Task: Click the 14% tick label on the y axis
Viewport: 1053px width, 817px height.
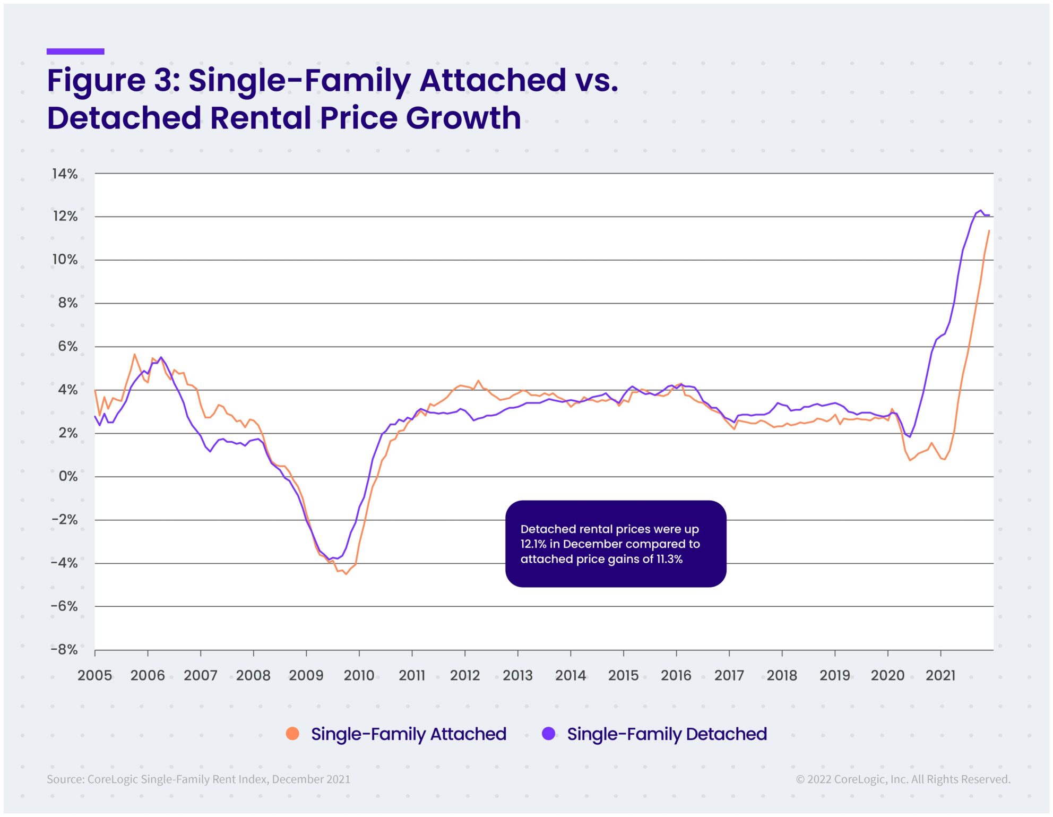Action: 65,174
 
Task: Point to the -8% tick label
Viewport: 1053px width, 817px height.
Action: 64,650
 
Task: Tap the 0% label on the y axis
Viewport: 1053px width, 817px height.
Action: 68,476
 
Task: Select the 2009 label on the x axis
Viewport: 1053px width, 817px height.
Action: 306,675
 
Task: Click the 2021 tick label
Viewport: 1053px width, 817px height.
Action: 940,675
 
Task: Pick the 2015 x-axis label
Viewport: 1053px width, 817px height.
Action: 623,675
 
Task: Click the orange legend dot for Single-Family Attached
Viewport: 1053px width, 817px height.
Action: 292,734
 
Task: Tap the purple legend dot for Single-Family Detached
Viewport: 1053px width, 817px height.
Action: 548,734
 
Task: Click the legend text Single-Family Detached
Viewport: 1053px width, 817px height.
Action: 667,734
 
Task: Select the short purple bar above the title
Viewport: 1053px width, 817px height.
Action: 75,51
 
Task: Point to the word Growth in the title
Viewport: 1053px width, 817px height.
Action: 463,118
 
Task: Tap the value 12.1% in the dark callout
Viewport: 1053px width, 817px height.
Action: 533,544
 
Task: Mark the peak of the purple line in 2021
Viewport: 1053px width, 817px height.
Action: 981,210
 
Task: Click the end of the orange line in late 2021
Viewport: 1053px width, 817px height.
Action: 989,231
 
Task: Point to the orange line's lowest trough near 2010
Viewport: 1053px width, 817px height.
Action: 346,574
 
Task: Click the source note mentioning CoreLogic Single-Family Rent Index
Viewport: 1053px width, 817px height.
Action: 198,779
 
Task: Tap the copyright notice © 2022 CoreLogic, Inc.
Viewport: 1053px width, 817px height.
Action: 903,779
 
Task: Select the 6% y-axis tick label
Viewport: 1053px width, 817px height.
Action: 68,346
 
